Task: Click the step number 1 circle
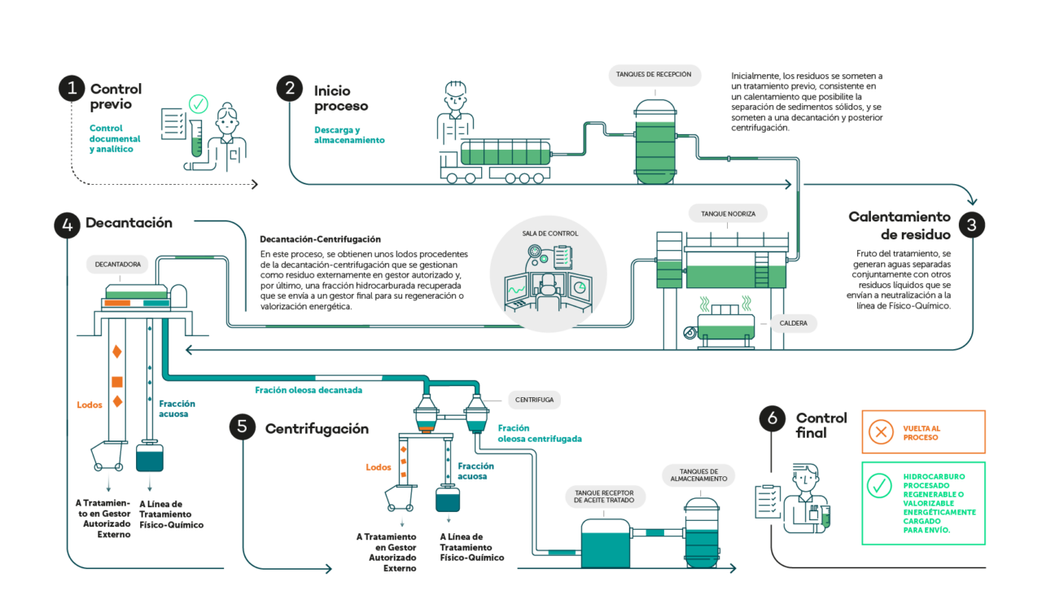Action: pyautogui.click(x=72, y=88)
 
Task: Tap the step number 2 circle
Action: pyautogui.click(x=289, y=88)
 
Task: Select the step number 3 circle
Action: pyautogui.click(x=971, y=224)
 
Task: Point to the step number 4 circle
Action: pyautogui.click(x=68, y=225)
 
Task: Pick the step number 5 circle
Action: pyautogui.click(x=242, y=427)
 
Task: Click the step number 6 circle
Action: pyautogui.click(x=773, y=418)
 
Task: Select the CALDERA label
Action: pyautogui.click(x=793, y=324)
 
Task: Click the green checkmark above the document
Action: pyautogui.click(x=198, y=104)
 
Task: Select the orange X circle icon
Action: pyautogui.click(x=880, y=431)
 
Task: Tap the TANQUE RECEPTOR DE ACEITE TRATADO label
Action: pyautogui.click(x=604, y=497)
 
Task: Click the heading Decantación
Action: pyautogui.click(x=129, y=223)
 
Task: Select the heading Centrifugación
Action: pyautogui.click(x=317, y=428)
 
